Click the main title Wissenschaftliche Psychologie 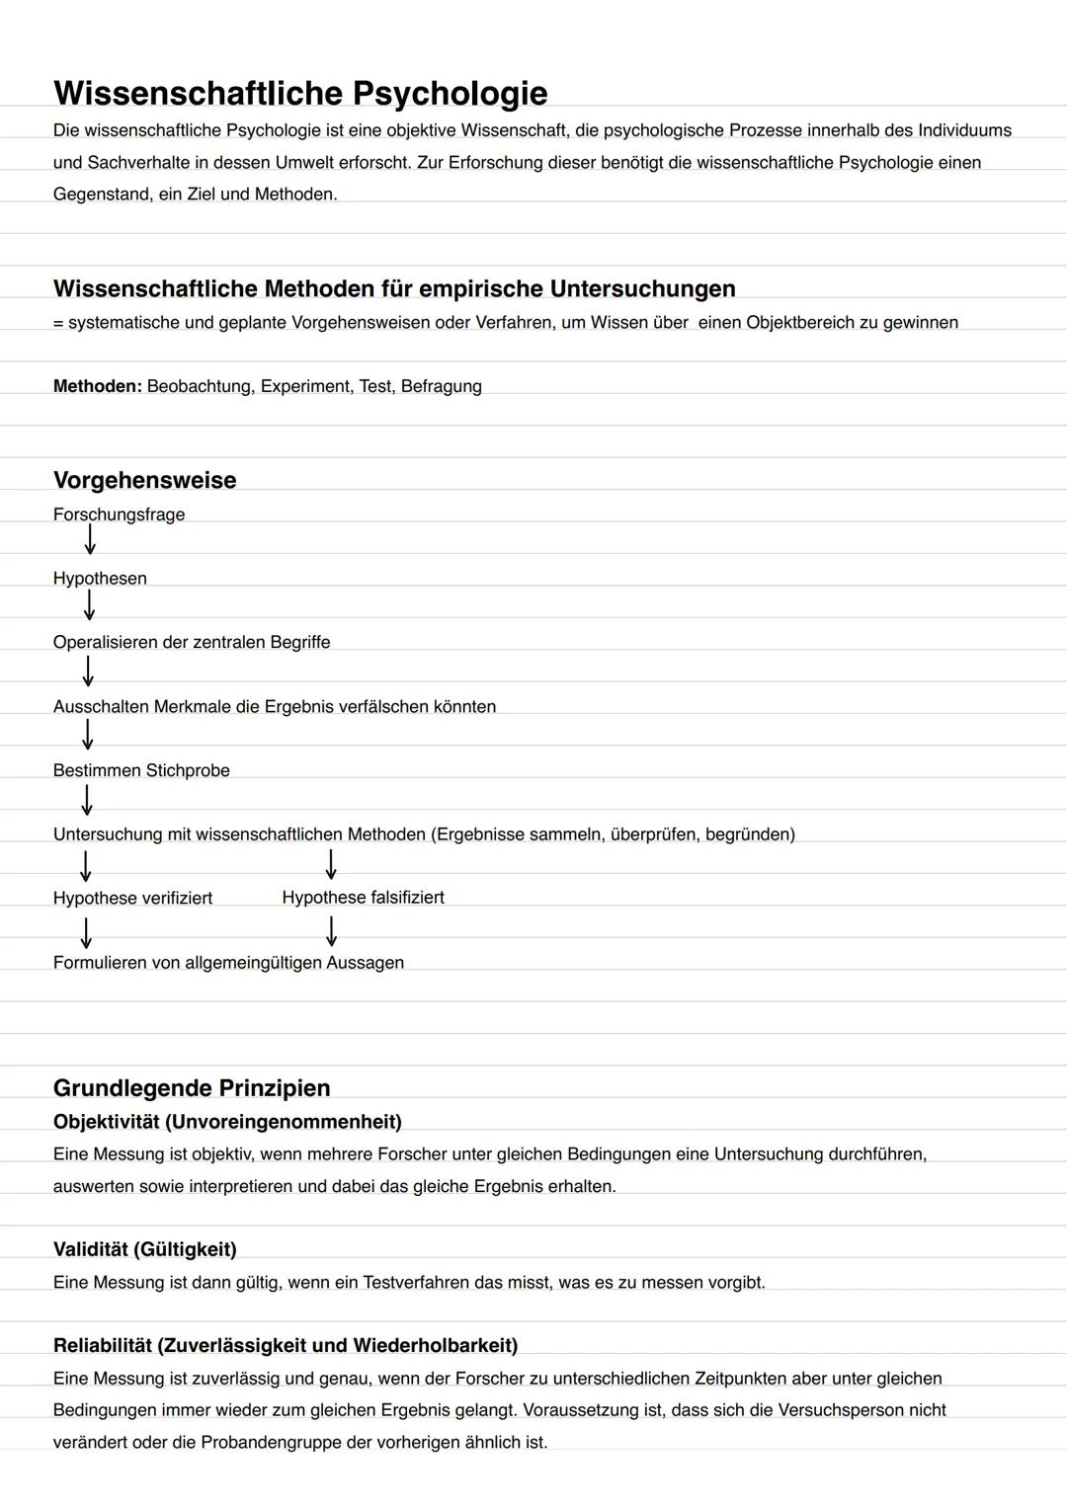300,93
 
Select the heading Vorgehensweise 144,481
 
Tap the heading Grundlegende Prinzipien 192,1088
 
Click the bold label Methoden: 98,387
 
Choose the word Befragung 442,387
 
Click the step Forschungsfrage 119,515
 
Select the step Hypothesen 100,579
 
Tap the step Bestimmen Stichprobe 141,770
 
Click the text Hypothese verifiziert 132,899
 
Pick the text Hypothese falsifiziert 363,898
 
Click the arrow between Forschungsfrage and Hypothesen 90,540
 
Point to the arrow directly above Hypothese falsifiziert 331,864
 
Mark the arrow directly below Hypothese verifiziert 87,932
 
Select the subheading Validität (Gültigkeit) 145,1250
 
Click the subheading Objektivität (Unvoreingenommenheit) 227,1122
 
